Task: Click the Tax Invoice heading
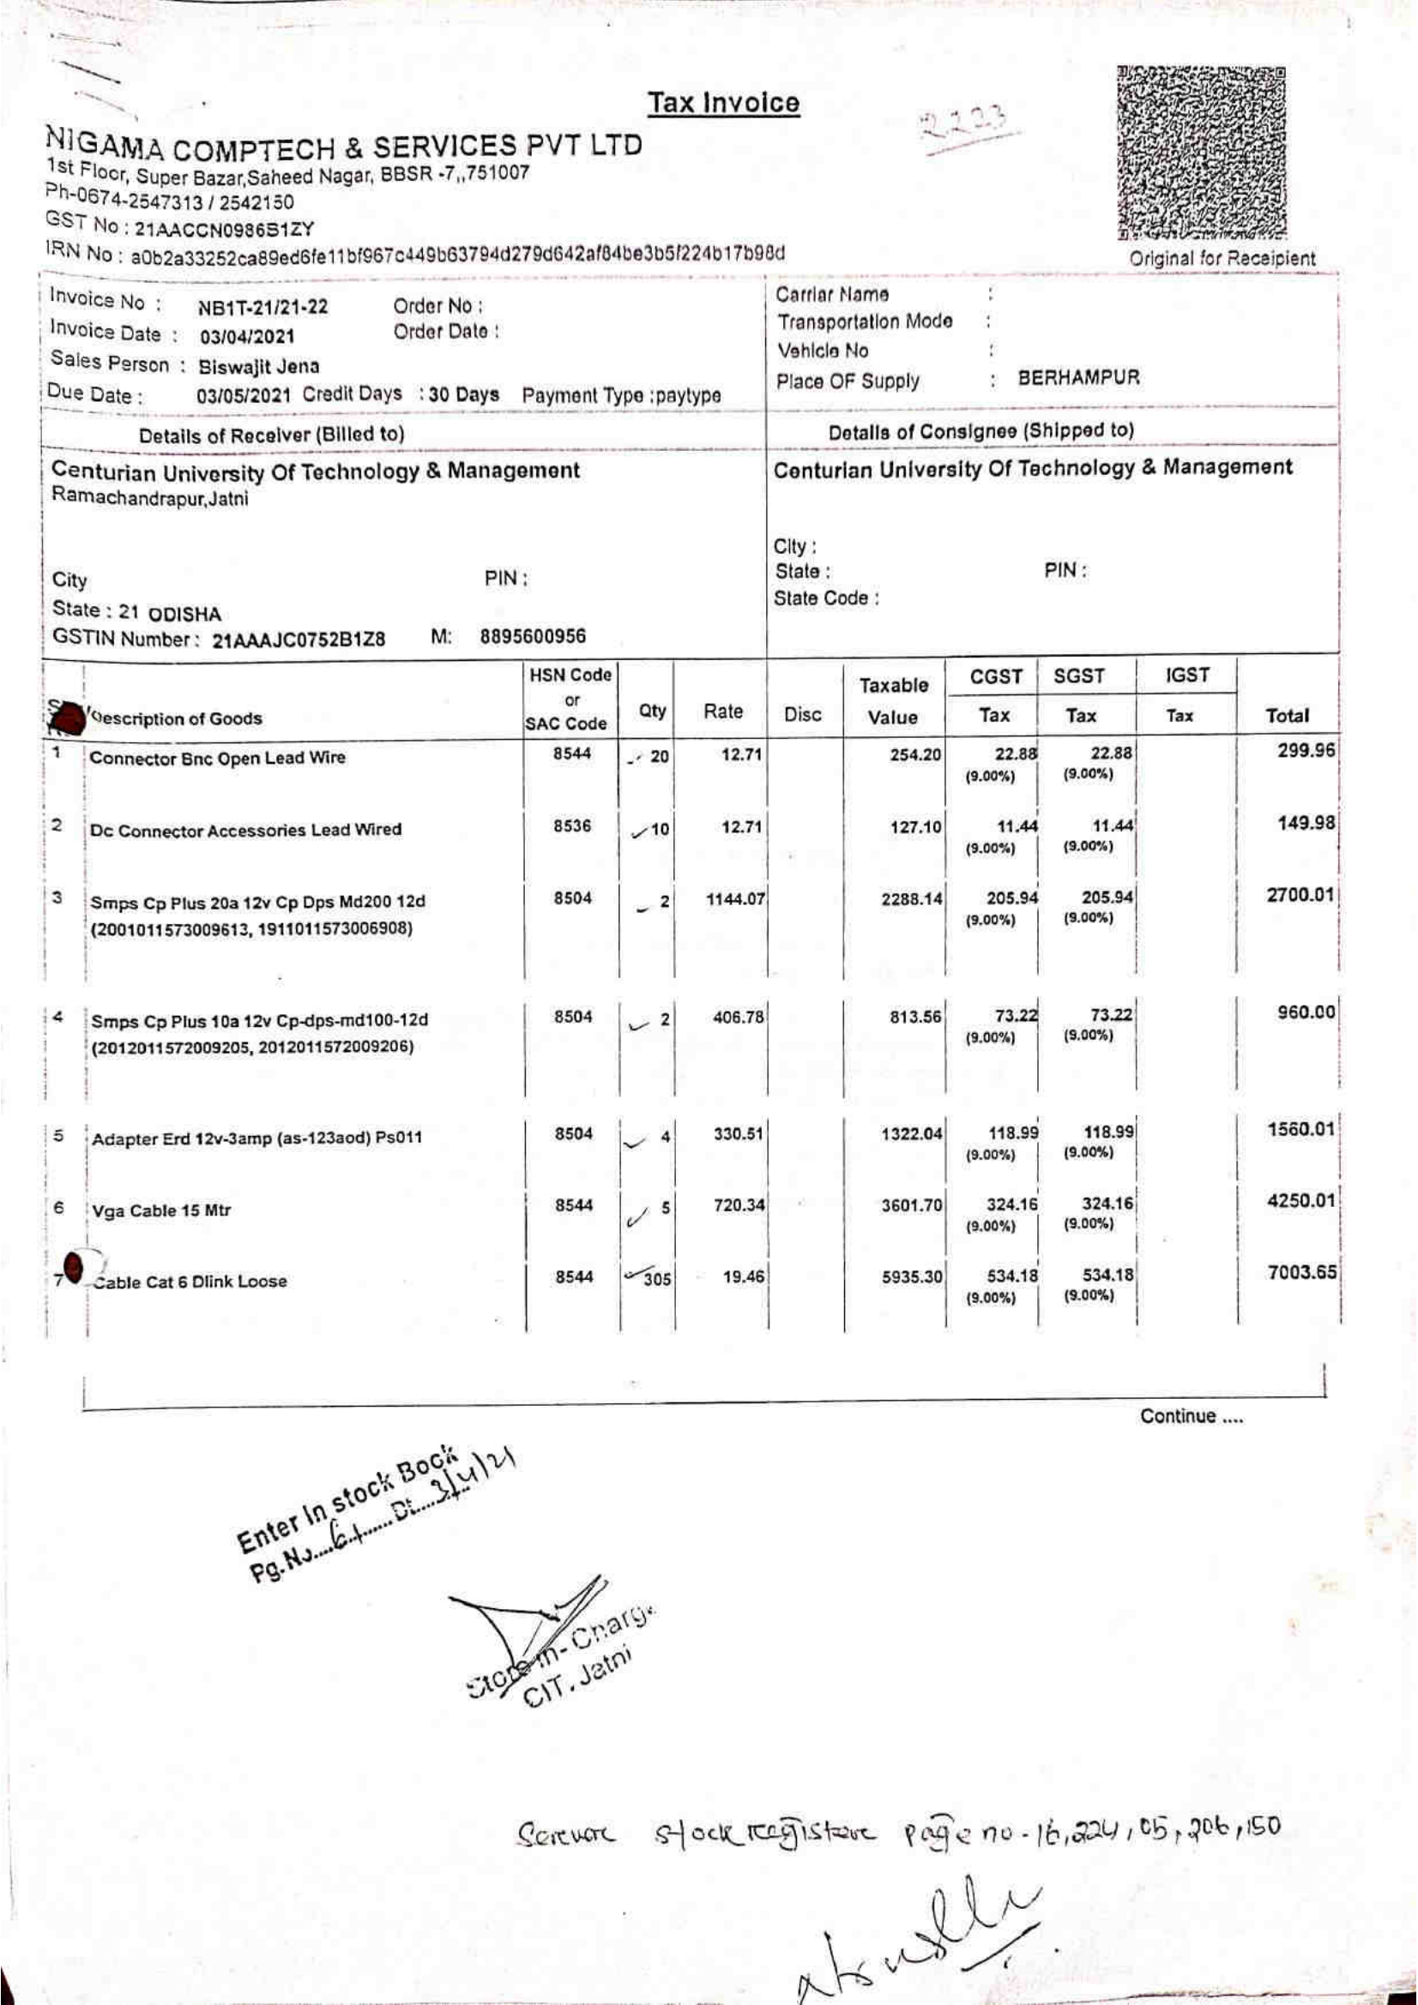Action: point(722,104)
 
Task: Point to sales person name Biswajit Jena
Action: point(258,366)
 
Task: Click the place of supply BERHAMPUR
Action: point(1078,378)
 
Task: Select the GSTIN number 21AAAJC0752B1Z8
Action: point(299,639)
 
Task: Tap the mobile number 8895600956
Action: point(533,636)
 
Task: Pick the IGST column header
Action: point(1186,675)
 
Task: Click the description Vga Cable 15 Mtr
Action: point(161,1211)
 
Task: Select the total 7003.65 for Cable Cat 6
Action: point(1302,1273)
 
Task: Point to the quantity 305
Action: point(657,1279)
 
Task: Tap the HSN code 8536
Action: point(572,826)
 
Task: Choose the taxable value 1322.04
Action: point(913,1134)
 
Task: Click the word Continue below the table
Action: point(1190,1416)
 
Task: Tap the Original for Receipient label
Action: point(1222,259)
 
